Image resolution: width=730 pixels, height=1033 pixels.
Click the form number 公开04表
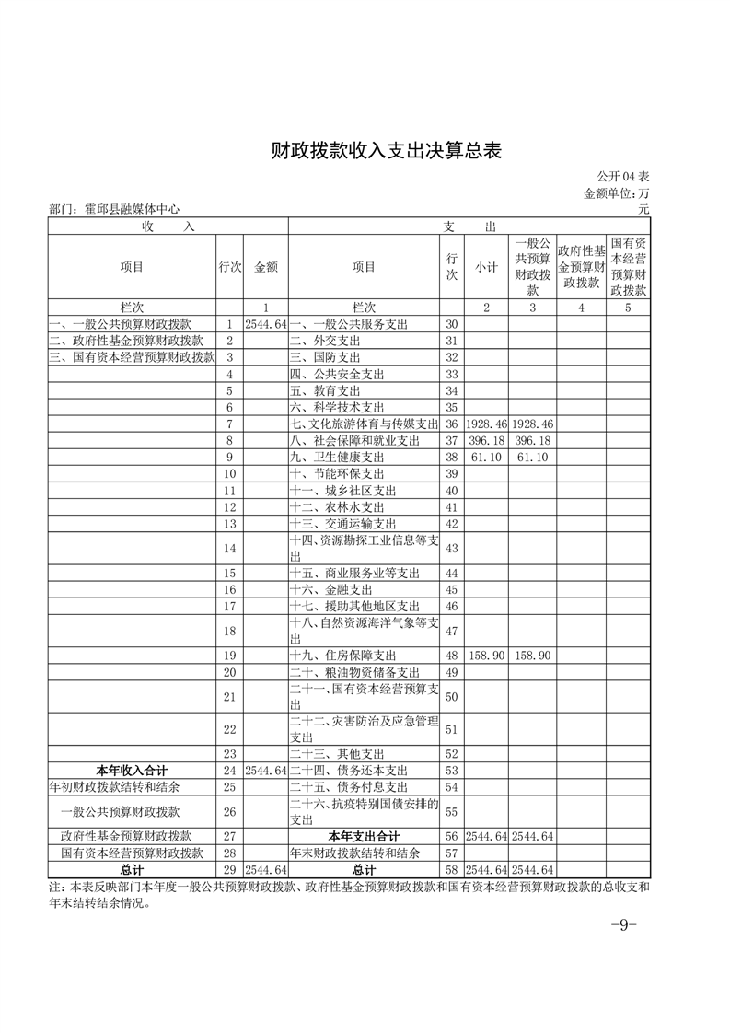click(x=622, y=176)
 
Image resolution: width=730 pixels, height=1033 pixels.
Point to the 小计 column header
click(x=486, y=267)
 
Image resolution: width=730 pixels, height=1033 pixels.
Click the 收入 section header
click(x=168, y=226)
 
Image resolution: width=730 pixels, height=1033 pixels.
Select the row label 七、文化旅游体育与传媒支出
click(x=363, y=424)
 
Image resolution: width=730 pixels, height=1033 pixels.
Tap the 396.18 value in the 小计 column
click(x=486, y=441)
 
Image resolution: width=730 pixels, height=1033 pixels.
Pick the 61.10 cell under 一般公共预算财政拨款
click(x=533, y=458)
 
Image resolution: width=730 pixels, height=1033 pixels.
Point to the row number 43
click(x=451, y=549)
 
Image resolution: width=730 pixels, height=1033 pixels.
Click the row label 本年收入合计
click(x=132, y=770)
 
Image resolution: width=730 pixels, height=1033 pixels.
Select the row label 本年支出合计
click(x=365, y=837)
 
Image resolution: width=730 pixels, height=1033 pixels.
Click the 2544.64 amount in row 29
click(x=265, y=870)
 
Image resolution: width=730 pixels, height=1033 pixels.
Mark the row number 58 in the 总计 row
click(x=451, y=870)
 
